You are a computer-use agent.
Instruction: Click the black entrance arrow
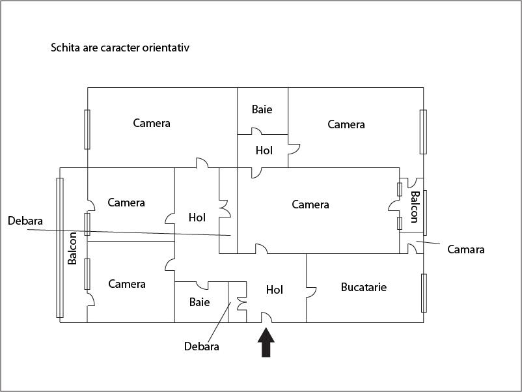pyautogui.click(x=266, y=343)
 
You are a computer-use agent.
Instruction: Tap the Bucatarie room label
pyautogui.click(x=364, y=287)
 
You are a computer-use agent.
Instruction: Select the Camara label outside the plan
pyautogui.click(x=466, y=249)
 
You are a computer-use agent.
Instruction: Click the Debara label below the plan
pyautogui.click(x=201, y=346)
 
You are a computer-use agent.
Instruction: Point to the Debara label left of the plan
pyautogui.click(x=25, y=221)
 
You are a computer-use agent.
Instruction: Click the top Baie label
pyautogui.click(x=262, y=109)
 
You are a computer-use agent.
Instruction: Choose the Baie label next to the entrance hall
pyautogui.click(x=199, y=302)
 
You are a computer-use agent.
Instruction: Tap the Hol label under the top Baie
pyautogui.click(x=264, y=150)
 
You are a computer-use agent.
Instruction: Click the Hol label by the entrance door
pyautogui.click(x=275, y=290)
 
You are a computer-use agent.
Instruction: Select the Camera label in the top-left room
pyautogui.click(x=152, y=123)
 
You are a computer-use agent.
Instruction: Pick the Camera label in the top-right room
pyautogui.click(x=346, y=124)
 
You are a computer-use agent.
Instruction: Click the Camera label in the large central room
pyautogui.click(x=310, y=204)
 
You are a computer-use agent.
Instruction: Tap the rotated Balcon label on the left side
pyautogui.click(x=72, y=248)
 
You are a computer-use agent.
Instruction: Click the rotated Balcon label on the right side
pyautogui.click(x=415, y=207)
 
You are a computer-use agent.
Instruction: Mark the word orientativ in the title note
pyautogui.click(x=166, y=48)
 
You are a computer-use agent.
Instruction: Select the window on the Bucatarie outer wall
pyautogui.click(x=424, y=293)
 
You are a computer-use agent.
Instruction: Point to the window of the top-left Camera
pyautogui.click(x=87, y=129)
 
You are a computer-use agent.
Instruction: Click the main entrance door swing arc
pyautogui.click(x=266, y=317)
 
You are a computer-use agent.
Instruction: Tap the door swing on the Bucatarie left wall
pyautogui.click(x=311, y=292)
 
